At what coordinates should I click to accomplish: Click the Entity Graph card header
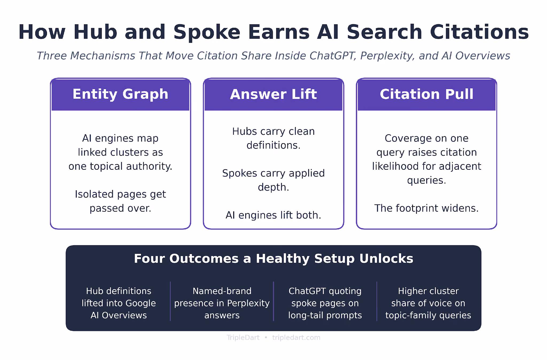pos(120,94)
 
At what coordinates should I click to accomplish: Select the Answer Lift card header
pos(273,94)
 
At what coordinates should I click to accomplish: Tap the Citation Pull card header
pos(427,94)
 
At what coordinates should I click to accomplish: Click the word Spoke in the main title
pos(207,32)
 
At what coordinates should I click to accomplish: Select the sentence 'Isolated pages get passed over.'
pos(120,201)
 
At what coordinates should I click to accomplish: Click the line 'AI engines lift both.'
pos(273,215)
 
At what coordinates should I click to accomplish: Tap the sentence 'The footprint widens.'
pos(427,208)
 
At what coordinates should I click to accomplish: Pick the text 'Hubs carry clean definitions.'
pos(273,138)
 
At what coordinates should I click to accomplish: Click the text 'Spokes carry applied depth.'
pos(273,180)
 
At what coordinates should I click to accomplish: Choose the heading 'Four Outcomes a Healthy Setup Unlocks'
pos(273,259)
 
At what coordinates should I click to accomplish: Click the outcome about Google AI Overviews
pos(119,303)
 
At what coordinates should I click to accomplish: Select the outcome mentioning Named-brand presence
pos(222,303)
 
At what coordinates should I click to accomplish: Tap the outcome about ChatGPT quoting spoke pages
pos(325,303)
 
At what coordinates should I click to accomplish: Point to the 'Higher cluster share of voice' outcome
pos(428,303)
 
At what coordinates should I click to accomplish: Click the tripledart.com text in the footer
pos(296,338)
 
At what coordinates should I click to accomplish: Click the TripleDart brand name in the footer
pos(243,338)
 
